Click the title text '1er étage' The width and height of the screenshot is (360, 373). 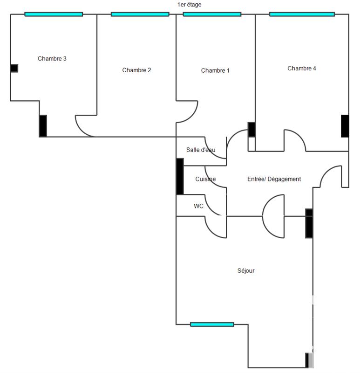tap(189, 5)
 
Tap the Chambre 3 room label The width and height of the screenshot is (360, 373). tap(52, 59)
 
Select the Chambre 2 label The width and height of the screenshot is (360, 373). tap(136, 70)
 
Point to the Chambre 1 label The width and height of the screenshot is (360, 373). tap(215, 71)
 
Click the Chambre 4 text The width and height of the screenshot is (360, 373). tap(302, 69)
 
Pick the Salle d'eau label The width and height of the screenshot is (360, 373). tap(201, 150)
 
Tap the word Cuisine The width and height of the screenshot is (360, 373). tap(205, 179)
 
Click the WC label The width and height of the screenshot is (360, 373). tap(198, 206)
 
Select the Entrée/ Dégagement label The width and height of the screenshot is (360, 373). tap(273, 179)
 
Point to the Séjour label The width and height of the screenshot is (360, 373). tap(246, 270)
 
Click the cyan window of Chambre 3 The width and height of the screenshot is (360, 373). tap(54, 14)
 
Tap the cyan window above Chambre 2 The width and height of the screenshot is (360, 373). tap(140, 14)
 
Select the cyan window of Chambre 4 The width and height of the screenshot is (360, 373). tap(302, 14)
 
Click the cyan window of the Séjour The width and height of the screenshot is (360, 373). tap(212, 324)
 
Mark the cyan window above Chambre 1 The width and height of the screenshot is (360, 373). tap(212, 14)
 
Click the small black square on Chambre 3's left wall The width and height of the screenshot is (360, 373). tap(14, 69)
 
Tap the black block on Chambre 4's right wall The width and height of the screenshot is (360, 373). tap(345, 126)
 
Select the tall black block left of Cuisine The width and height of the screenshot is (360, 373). tap(180, 176)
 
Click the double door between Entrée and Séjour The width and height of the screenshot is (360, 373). tap(273, 216)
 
